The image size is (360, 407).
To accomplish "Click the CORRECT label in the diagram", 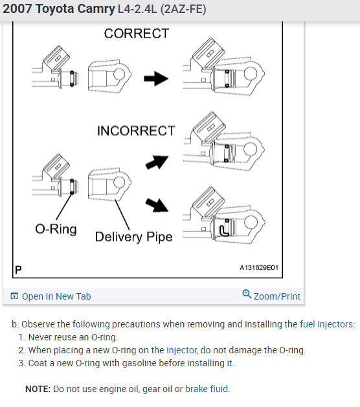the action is coord(137,34).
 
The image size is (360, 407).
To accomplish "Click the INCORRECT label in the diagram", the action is coord(136,131).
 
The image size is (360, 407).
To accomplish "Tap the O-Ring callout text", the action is coord(56,229).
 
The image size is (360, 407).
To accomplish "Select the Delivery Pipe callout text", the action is coord(134,237).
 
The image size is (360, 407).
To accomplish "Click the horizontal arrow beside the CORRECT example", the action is coord(156,78).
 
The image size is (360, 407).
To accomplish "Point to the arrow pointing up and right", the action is coord(157,162).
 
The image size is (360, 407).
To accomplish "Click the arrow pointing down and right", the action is coord(157,205).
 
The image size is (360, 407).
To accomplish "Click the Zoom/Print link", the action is coord(277,296).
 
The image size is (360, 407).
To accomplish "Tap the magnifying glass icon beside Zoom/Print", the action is coord(247,294).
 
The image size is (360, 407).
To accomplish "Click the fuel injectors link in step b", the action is coord(326,324).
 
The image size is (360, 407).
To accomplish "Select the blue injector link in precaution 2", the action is coord(181,350).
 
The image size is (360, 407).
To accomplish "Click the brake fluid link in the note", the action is coord(207,389).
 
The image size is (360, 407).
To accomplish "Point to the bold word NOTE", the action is coord(38,389).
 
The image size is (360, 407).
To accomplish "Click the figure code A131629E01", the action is coord(259,268).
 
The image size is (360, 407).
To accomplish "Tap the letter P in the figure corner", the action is coord(18,270).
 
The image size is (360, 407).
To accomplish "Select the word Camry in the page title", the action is coord(96,9).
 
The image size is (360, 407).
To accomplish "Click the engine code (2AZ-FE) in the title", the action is coord(183,9).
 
